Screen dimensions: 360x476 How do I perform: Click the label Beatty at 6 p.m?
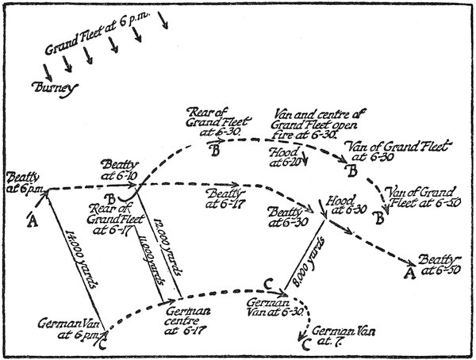24,181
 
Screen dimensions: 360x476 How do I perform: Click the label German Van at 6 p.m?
70,328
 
